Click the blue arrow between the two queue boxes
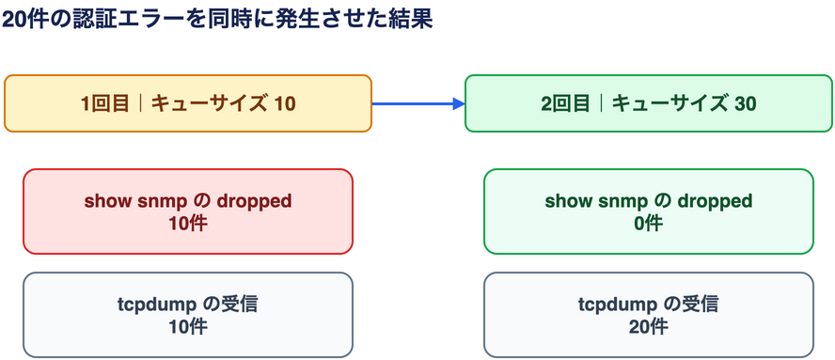pyautogui.click(x=418, y=103)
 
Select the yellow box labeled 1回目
pyautogui.click(x=188, y=103)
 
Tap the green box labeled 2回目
pyautogui.click(x=649, y=103)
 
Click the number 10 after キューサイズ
pyautogui.click(x=285, y=104)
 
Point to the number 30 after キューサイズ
pyautogui.click(x=745, y=104)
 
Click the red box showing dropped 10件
pyautogui.click(x=188, y=211)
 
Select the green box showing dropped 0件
pyautogui.click(x=649, y=211)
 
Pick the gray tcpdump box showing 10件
pyautogui.click(x=188, y=315)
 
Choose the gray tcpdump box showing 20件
pyautogui.click(x=649, y=315)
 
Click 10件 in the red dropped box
pyautogui.click(x=188, y=224)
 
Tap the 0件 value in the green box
pyautogui.click(x=649, y=224)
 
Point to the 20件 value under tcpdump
pyautogui.click(x=649, y=327)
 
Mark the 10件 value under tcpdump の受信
pyautogui.click(x=188, y=327)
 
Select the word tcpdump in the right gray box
pyautogui.click(x=610, y=305)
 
